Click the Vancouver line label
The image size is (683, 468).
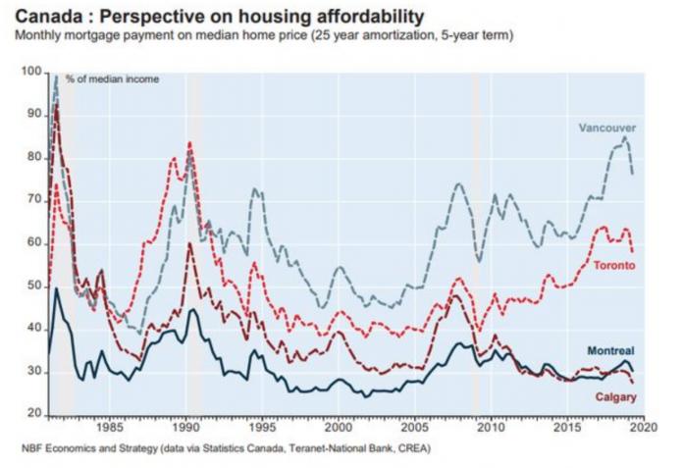[x=608, y=128]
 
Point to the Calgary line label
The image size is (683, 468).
[x=616, y=396]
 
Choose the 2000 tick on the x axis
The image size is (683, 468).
[x=338, y=429]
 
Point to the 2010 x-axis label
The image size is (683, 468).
[x=490, y=429]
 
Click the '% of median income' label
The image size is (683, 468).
[x=118, y=78]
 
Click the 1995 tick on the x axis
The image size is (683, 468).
[x=261, y=429]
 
